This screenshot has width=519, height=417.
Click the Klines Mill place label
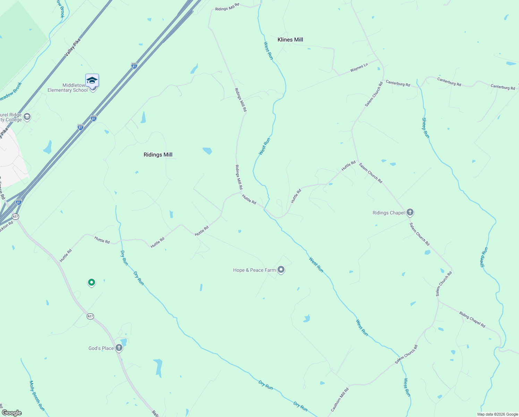pos(290,40)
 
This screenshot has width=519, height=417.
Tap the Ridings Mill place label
pos(158,155)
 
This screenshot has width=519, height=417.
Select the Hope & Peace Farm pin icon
pos(281,270)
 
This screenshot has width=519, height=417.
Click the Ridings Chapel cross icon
pos(410,212)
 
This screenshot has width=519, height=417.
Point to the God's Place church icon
pos(119,348)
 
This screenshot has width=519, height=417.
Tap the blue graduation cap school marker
pos(92,80)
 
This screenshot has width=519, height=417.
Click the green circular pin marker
pos(91,283)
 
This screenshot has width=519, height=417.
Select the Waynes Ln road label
pos(359,68)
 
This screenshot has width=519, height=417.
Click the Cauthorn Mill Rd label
pos(340,400)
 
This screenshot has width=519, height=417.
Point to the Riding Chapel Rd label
pos(472,319)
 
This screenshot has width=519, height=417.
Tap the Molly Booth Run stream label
pos(37,396)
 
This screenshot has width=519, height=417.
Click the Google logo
pos(12,413)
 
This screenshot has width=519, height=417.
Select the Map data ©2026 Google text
pos(497,414)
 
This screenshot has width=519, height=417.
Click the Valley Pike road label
pos(73,47)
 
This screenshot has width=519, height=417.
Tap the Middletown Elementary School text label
pos(68,88)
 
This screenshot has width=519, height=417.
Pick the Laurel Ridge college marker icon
pos(27,117)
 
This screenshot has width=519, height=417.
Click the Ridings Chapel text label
pos(389,213)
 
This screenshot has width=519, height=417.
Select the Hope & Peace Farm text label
pos(254,270)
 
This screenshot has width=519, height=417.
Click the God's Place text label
pos(101,348)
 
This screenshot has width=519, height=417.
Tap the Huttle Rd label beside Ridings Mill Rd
pos(249,199)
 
